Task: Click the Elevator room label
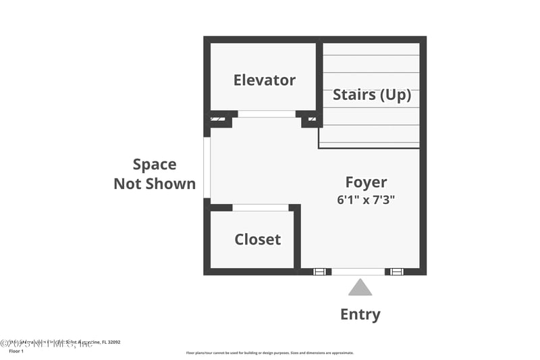click(264, 80)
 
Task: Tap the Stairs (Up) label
click(371, 95)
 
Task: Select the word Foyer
click(366, 182)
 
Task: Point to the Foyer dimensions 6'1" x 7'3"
click(366, 200)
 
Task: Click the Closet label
click(257, 239)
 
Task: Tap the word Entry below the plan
click(360, 314)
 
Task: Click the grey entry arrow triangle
click(360, 288)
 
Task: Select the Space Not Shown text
click(155, 174)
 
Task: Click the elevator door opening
click(267, 114)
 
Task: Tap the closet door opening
click(260, 207)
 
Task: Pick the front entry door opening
click(358, 272)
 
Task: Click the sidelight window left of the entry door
click(320, 272)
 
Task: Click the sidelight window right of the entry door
click(397, 272)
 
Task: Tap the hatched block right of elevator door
click(312, 120)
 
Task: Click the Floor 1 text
click(16, 351)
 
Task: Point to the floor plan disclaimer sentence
click(269, 353)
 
